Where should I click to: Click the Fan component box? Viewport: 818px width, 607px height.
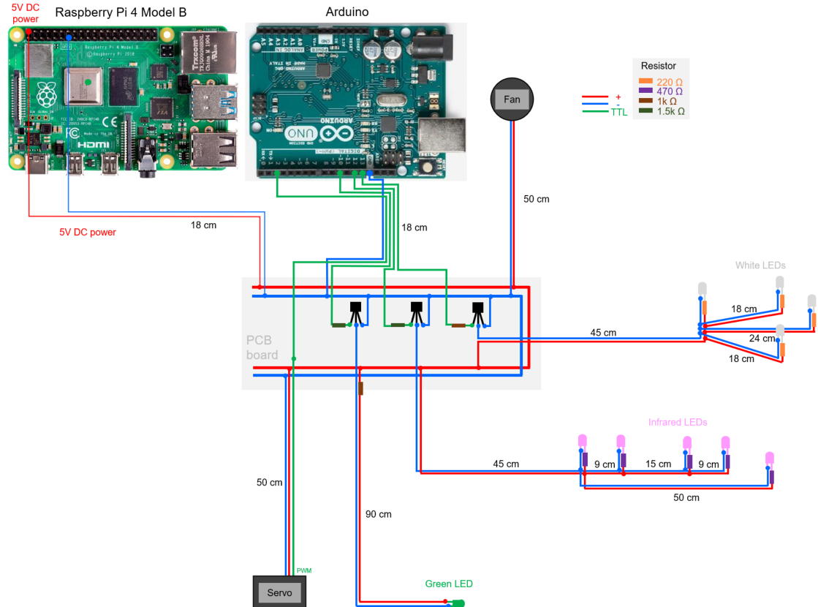coord(512,99)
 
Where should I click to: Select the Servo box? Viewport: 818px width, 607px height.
coord(279,592)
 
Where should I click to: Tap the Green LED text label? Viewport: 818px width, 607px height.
coord(449,584)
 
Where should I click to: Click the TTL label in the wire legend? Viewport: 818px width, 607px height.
coord(618,113)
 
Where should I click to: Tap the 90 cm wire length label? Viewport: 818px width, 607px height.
coord(378,514)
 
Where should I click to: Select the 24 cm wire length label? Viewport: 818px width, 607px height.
coord(761,339)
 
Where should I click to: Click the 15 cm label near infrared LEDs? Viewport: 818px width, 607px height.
coord(658,464)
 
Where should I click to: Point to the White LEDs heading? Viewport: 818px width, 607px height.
coord(760,265)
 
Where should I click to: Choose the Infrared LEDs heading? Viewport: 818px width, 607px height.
coord(678,422)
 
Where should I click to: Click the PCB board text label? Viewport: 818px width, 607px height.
coord(262,348)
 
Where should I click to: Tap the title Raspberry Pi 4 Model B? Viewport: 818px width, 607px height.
coord(121,12)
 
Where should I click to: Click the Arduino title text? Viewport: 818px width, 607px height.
coord(347,12)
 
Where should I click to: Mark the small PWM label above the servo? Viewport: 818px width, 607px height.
coord(304,570)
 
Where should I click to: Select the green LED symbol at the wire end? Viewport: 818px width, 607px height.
coord(458,603)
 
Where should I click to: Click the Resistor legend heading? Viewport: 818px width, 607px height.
coord(658,66)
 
